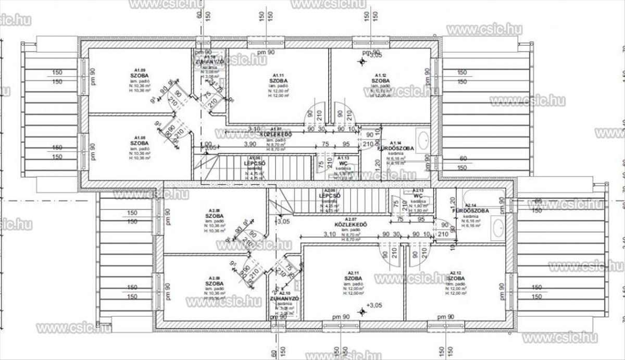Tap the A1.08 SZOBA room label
(x=139, y=143)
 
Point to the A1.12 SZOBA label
(x=380, y=81)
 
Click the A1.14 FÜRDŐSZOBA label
(x=396, y=148)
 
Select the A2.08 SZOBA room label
(x=215, y=215)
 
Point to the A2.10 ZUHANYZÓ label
(x=284, y=299)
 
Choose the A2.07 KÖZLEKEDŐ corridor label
(x=352, y=225)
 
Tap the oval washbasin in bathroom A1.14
(x=423, y=139)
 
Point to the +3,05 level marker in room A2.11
(x=373, y=305)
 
